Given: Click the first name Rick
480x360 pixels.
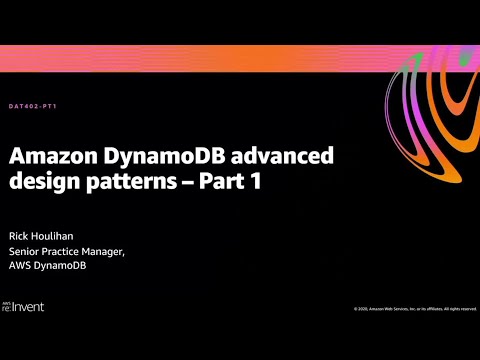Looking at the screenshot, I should (x=20, y=235).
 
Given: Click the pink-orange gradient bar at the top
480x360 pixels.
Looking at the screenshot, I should (x=200, y=57).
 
